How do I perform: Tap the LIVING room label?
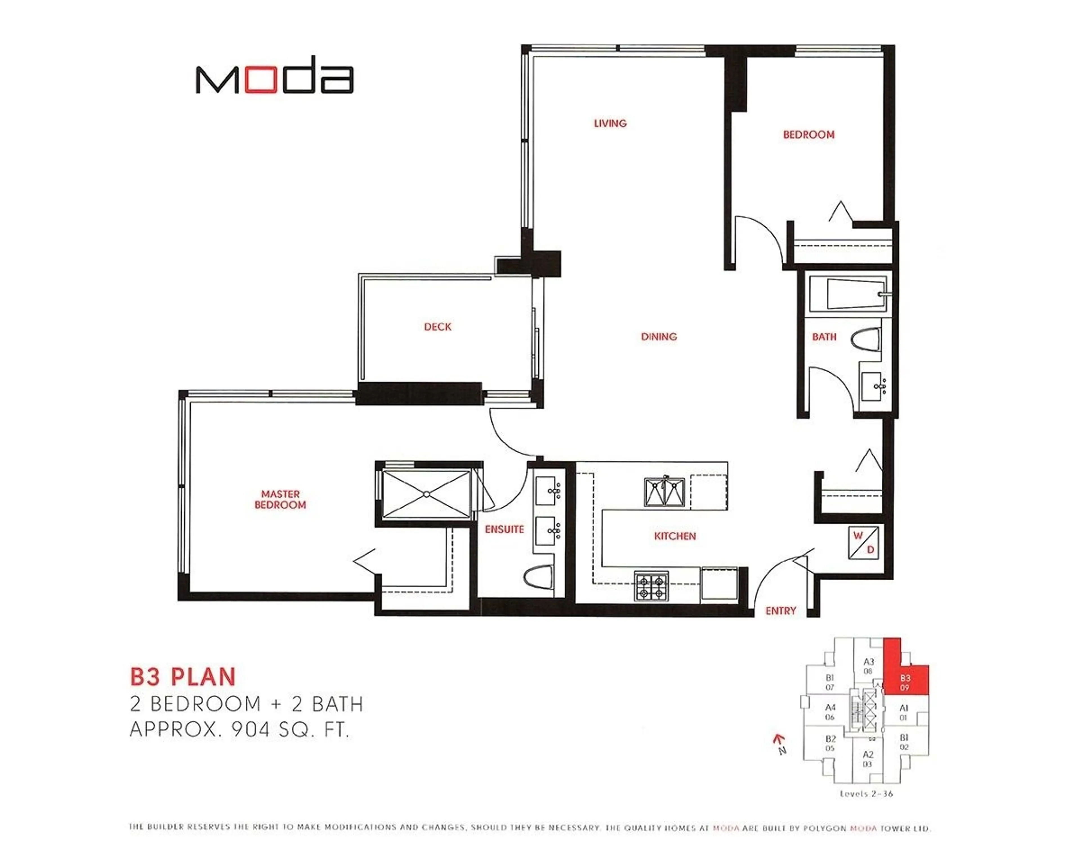point(610,123)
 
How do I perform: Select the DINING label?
point(659,336)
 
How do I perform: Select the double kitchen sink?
point(664,492)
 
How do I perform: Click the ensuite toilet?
point(539,577)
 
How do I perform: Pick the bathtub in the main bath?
point(848,294)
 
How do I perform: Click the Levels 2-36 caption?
point(866,794)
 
